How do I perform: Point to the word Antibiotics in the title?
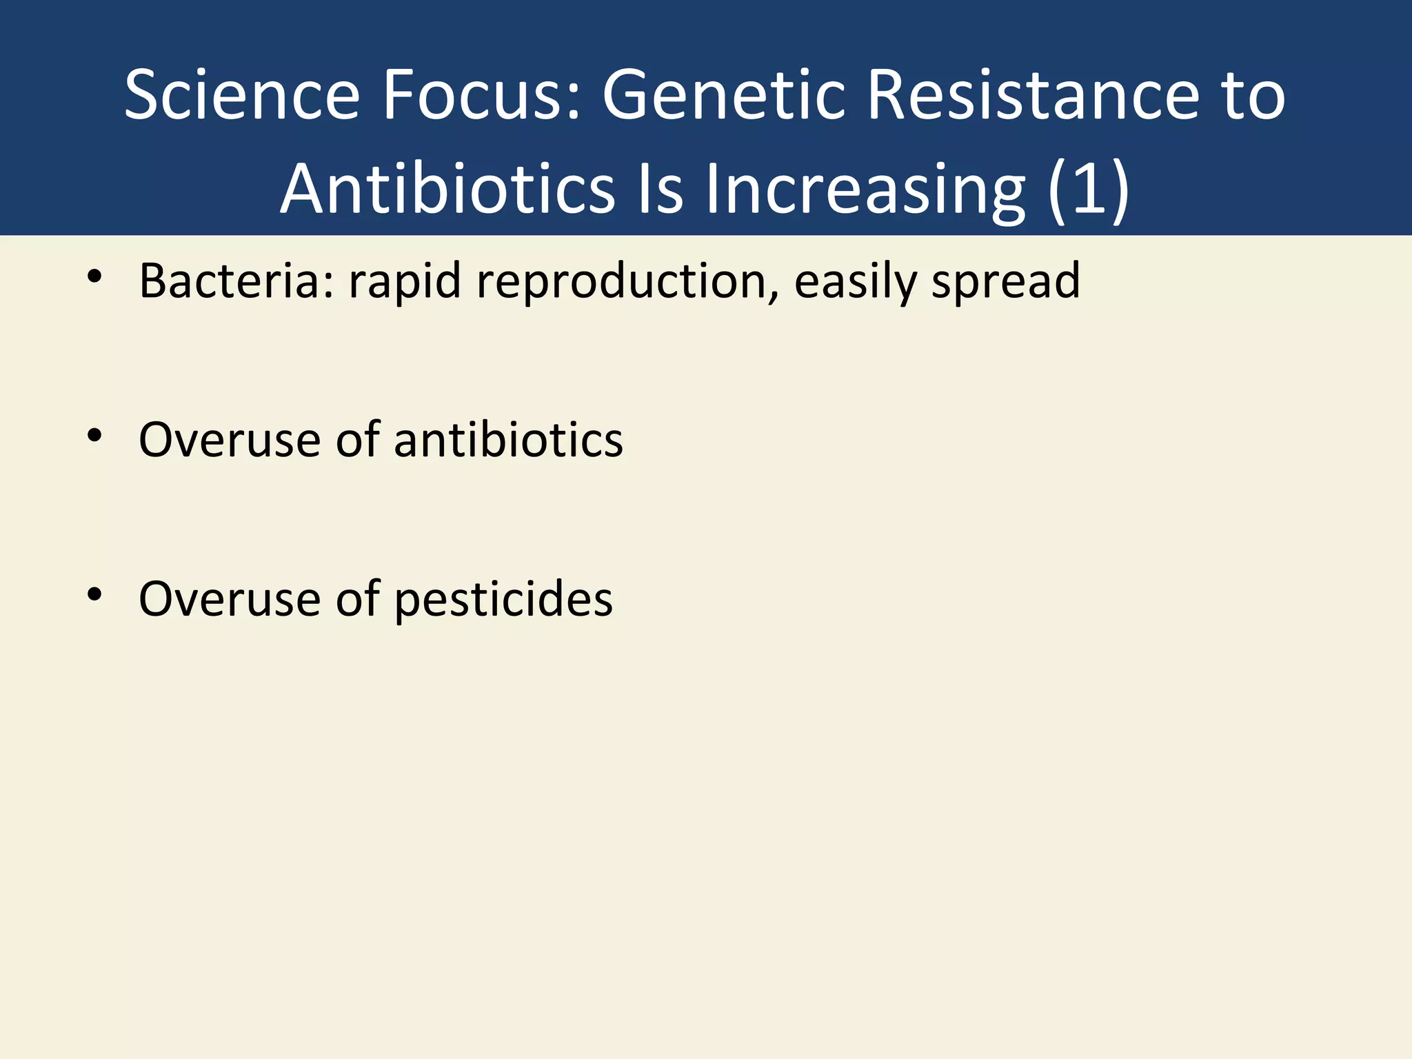447,189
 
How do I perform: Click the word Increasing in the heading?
865,189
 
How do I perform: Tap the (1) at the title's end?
1089,189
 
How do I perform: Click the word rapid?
405,283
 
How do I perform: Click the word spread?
1006,283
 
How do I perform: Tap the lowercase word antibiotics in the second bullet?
508,439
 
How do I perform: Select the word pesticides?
503,598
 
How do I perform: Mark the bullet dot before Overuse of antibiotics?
94,435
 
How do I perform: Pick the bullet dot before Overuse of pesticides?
94,594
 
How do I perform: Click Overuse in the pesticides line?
230,598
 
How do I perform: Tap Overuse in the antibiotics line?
230,439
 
